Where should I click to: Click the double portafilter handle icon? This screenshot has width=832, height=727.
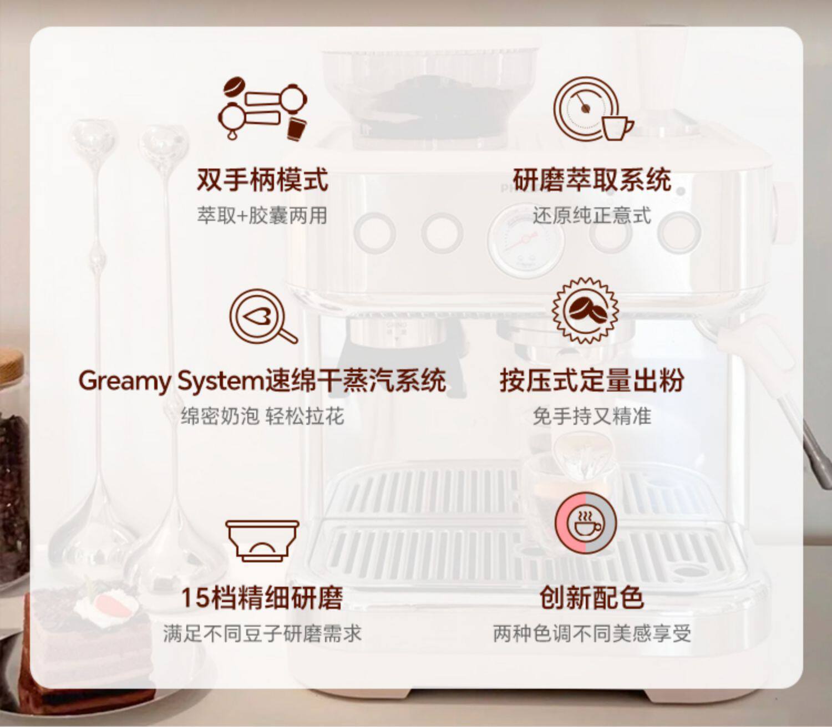[x=262, y=109]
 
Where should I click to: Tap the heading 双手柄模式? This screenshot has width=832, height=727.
[x=262, y=179]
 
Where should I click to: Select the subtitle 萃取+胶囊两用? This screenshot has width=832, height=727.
[x=262, y=215]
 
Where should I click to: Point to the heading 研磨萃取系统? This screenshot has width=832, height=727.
[x=592, y=179]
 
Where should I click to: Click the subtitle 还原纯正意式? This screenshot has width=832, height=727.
[x=592, y=215]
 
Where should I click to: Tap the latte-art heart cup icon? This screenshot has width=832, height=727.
[x=262, y=317]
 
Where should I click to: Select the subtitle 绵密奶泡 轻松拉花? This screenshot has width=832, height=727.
[x=262, y=416]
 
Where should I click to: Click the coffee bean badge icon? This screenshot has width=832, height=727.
[x=585, y=311]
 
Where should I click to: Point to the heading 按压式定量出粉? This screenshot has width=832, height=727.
[x=592, y=381]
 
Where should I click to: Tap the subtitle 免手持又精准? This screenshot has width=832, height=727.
[x=592, y=416]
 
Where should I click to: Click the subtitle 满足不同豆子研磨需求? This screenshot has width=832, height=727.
[x=262, y=633]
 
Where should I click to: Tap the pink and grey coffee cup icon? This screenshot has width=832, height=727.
[x=585, y=523]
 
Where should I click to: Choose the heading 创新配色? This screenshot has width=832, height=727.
[x=592, y=598]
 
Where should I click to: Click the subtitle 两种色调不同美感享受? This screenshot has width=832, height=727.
[x=592, y=633]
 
